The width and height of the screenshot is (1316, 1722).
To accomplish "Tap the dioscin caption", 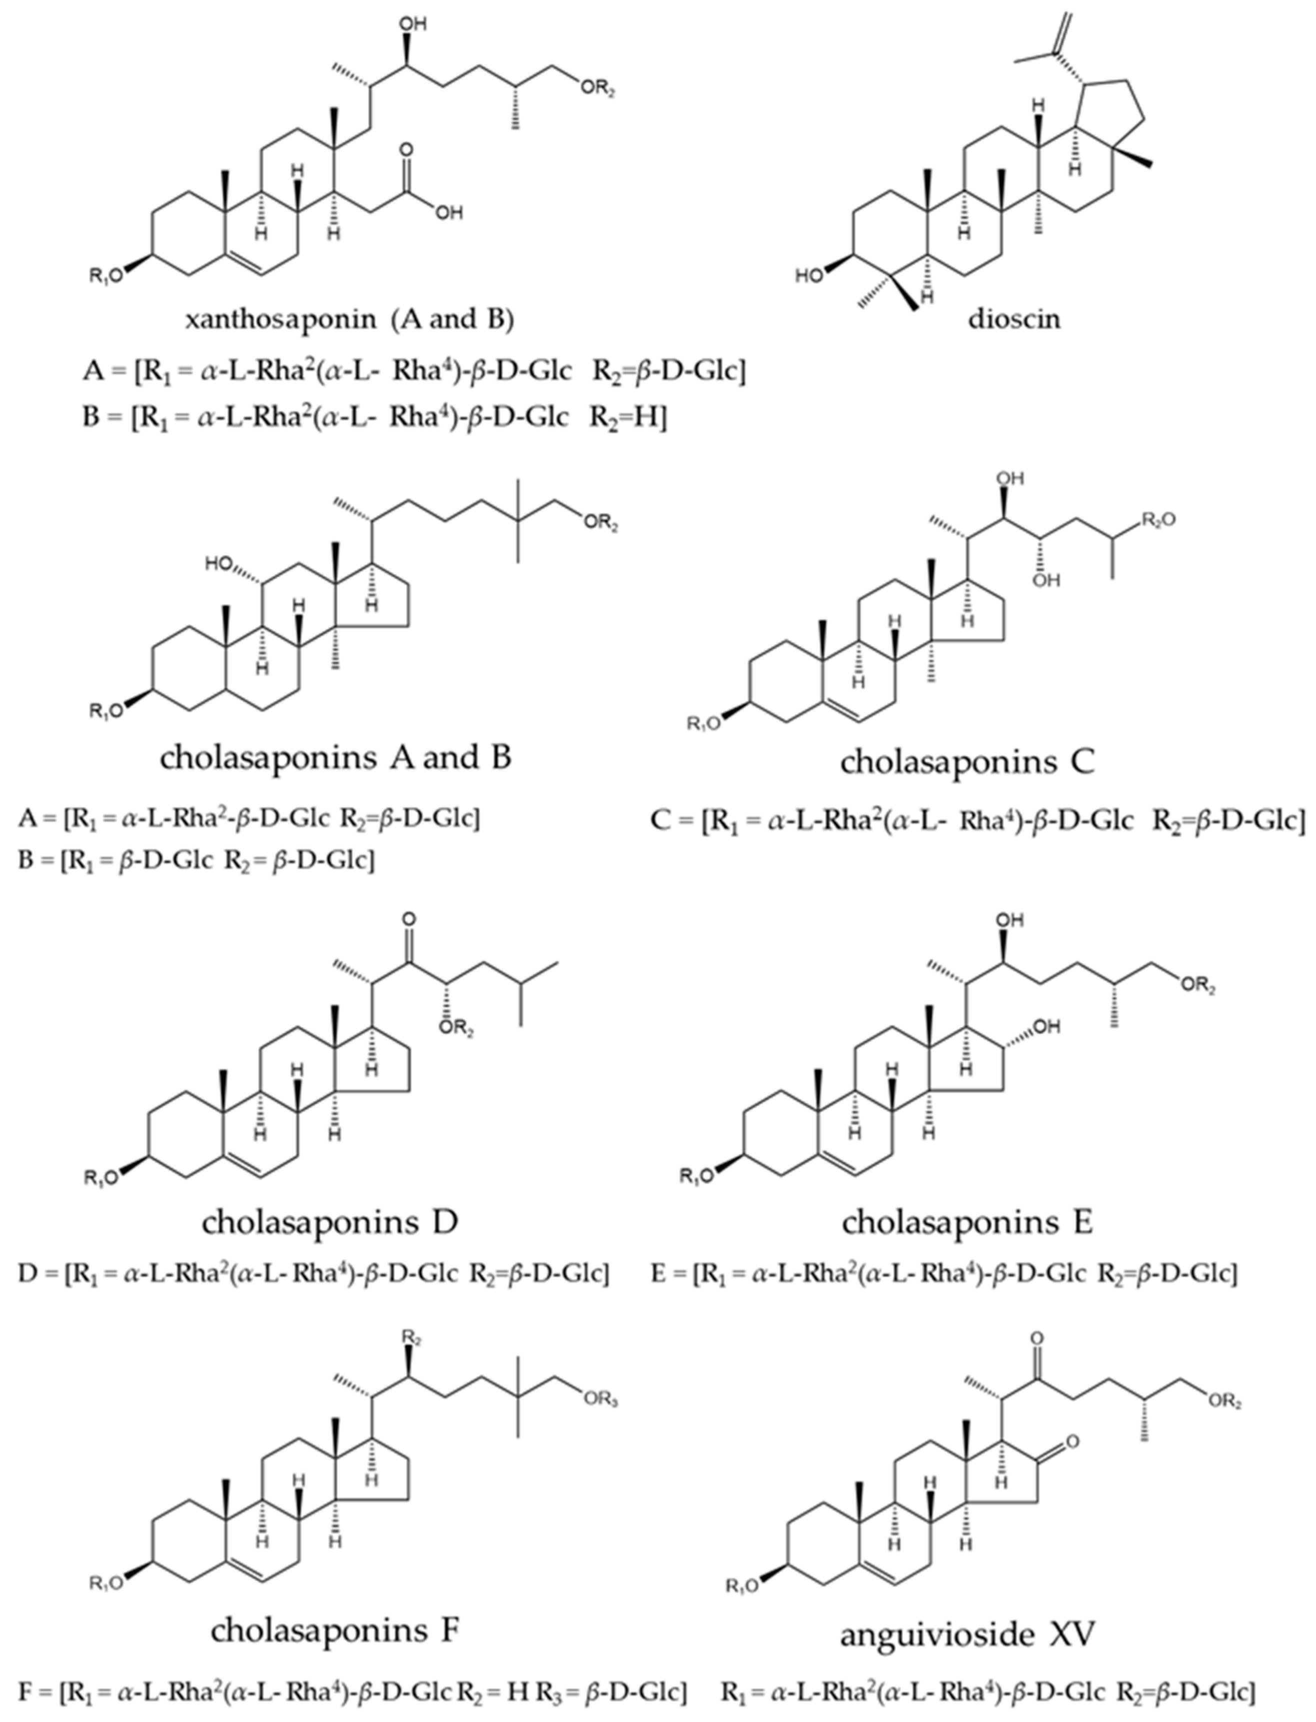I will click(x=1014, y=320).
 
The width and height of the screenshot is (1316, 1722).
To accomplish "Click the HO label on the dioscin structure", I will click(x=808, y=275).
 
